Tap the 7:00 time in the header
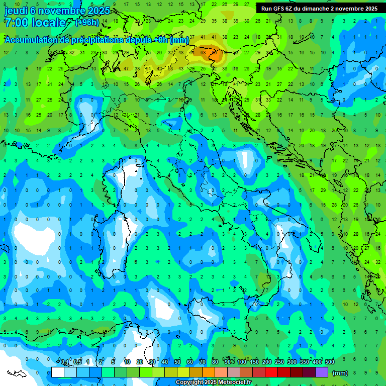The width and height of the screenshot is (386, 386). tap(16, 23)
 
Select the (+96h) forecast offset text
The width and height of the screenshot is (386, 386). tap(87, 22)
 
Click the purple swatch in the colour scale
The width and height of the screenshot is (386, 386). tap(322, 372)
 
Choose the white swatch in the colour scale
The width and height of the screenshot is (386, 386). tap(58, 372)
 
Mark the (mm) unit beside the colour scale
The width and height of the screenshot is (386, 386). tap(340, 373)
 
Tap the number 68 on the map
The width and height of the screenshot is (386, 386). tap(203, 52)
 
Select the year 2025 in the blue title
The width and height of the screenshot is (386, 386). tap(98, 11)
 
